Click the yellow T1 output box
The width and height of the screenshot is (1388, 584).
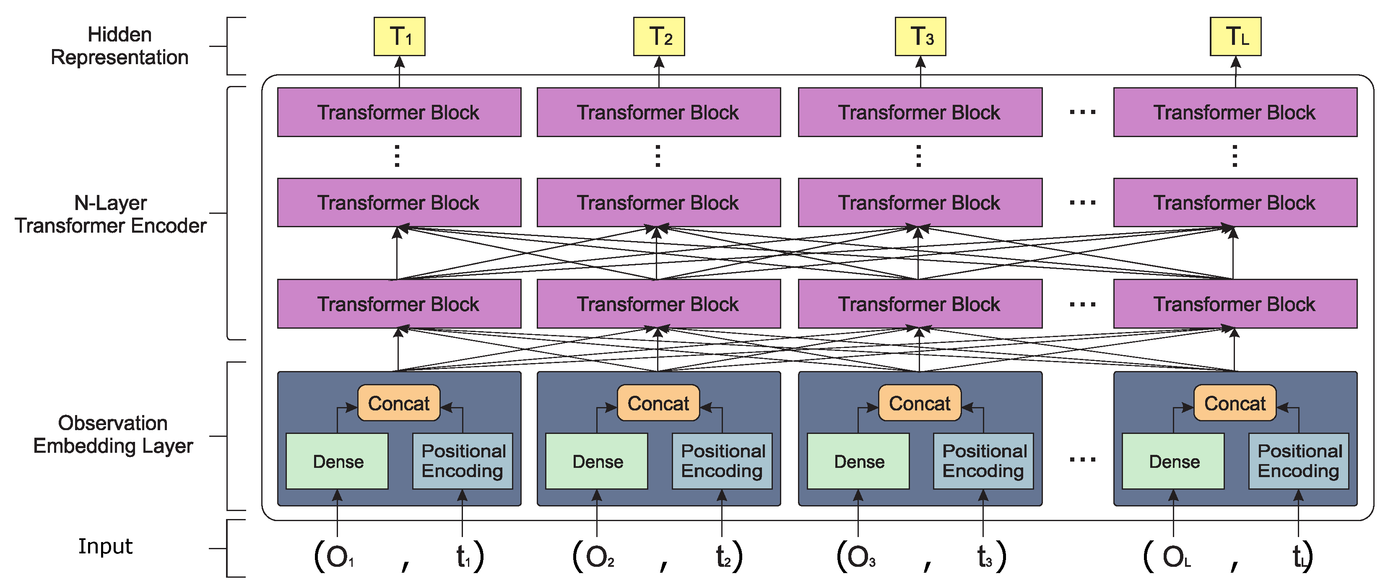[x=399, y=36]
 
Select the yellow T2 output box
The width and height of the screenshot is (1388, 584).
[x=658, y=36]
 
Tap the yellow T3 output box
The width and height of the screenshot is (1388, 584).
[x=920, y=36]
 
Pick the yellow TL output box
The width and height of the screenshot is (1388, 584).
[x=1235, y=36]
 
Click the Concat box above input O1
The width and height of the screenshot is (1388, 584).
[x=399, y=403]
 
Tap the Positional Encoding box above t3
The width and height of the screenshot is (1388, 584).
[x=983, y=461]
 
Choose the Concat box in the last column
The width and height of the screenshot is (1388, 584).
[x=1235, y=403]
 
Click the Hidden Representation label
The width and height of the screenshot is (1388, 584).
[x=119, y=46]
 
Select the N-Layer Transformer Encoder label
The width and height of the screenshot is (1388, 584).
[x=110, y=214]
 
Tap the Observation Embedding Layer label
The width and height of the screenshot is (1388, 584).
[x=113, y=434]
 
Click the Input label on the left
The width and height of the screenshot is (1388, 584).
[x=105, y=546]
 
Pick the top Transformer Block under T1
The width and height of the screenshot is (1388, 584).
[x=399, y=112]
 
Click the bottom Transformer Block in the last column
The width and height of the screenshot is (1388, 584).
[x=1235, y=304]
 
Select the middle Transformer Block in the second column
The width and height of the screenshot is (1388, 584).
[x=658, y=202]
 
